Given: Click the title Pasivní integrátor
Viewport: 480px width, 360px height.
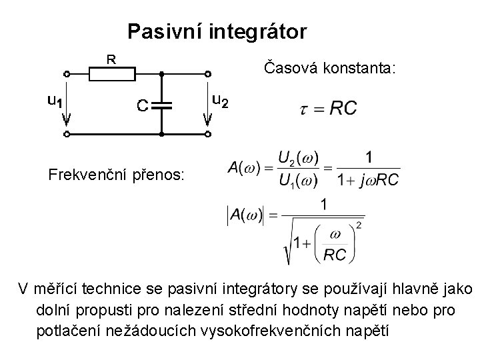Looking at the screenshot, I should pos(217,31).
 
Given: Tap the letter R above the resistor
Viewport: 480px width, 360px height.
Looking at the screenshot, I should pos(112,59).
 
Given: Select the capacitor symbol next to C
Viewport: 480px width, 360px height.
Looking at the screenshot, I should pos(161,105).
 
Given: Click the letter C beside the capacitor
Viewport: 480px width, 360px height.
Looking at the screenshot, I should pos(142,105).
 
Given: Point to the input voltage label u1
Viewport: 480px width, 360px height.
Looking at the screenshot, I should pos(55,101).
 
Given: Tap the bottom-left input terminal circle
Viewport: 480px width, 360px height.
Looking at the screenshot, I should pos(67,134).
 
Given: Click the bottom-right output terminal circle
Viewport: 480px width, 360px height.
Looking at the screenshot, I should pos(208,134).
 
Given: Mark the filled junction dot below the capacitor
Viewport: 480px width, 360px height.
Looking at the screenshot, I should pos(161,134).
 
